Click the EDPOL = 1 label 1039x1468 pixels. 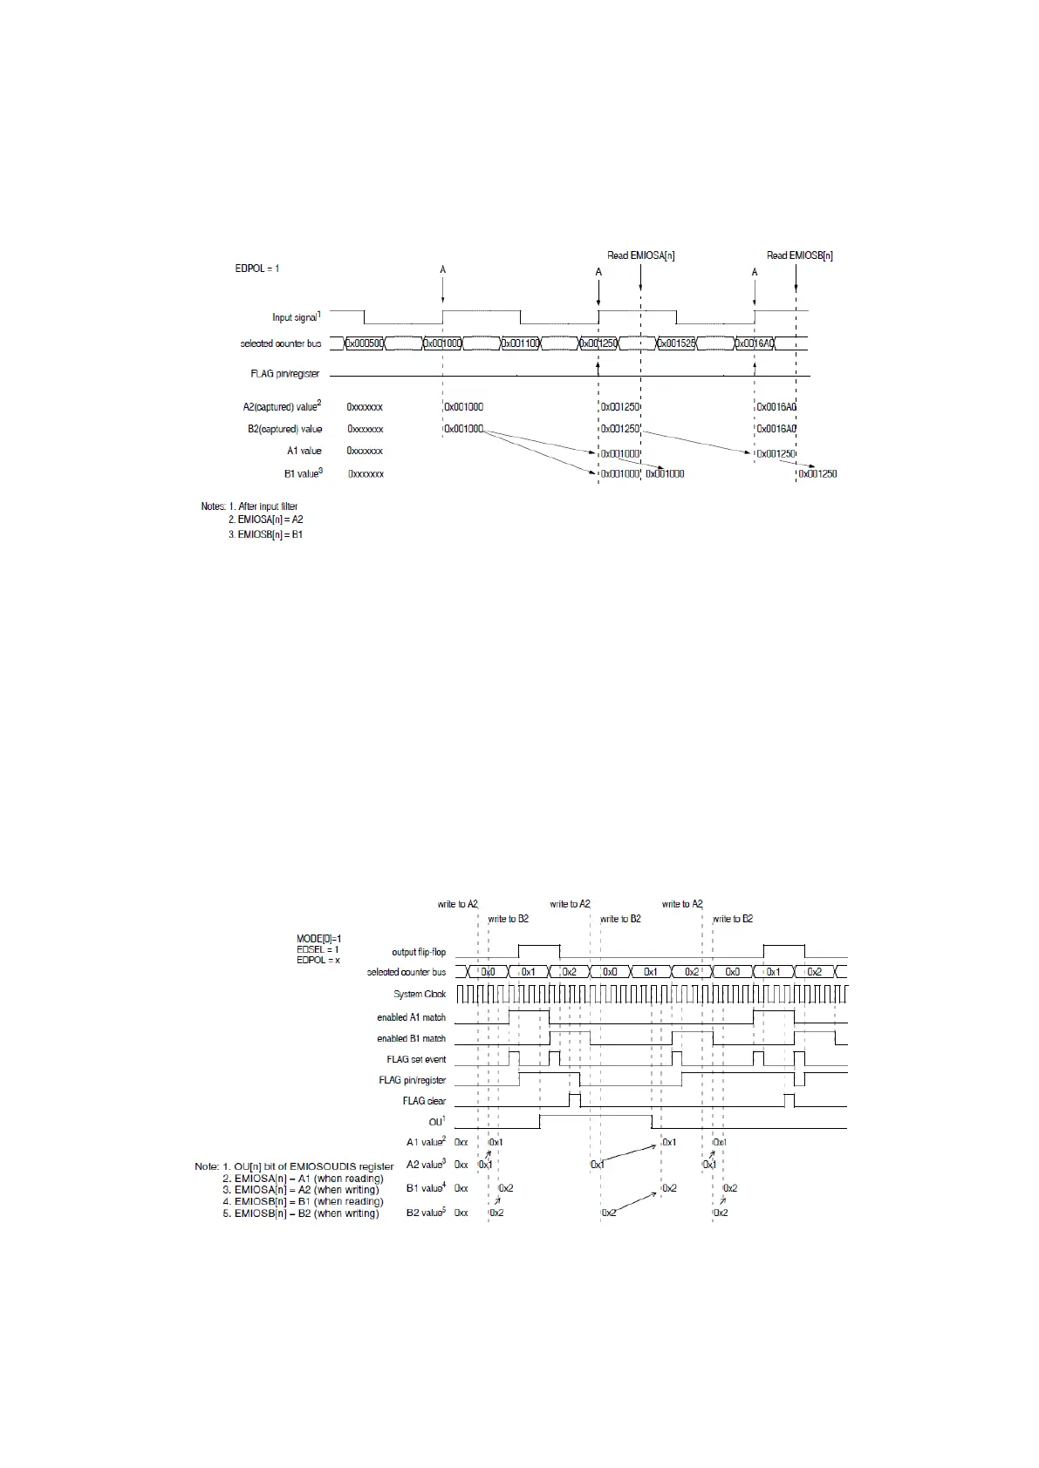[256, 268]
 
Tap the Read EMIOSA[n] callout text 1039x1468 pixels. [640, 255]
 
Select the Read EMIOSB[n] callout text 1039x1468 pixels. [799, 255]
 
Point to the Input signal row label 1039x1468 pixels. [296, 317]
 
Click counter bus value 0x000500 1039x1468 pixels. [365, 343]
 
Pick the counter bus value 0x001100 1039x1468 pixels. [521, 343]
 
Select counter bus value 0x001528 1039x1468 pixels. [677, 343]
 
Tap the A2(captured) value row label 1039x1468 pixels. [282, 407]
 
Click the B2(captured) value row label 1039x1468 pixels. [284, 429]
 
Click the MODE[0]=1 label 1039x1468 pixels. [319, 939]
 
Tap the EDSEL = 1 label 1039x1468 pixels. [318, 949]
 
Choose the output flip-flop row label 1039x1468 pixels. [419, 952]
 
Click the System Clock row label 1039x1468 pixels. [420, 994]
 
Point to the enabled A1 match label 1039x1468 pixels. [411, 1017]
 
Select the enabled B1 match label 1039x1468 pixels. [411, 1038]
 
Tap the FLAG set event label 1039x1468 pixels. [416, 1059]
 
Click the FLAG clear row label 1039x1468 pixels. [424, 1101]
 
